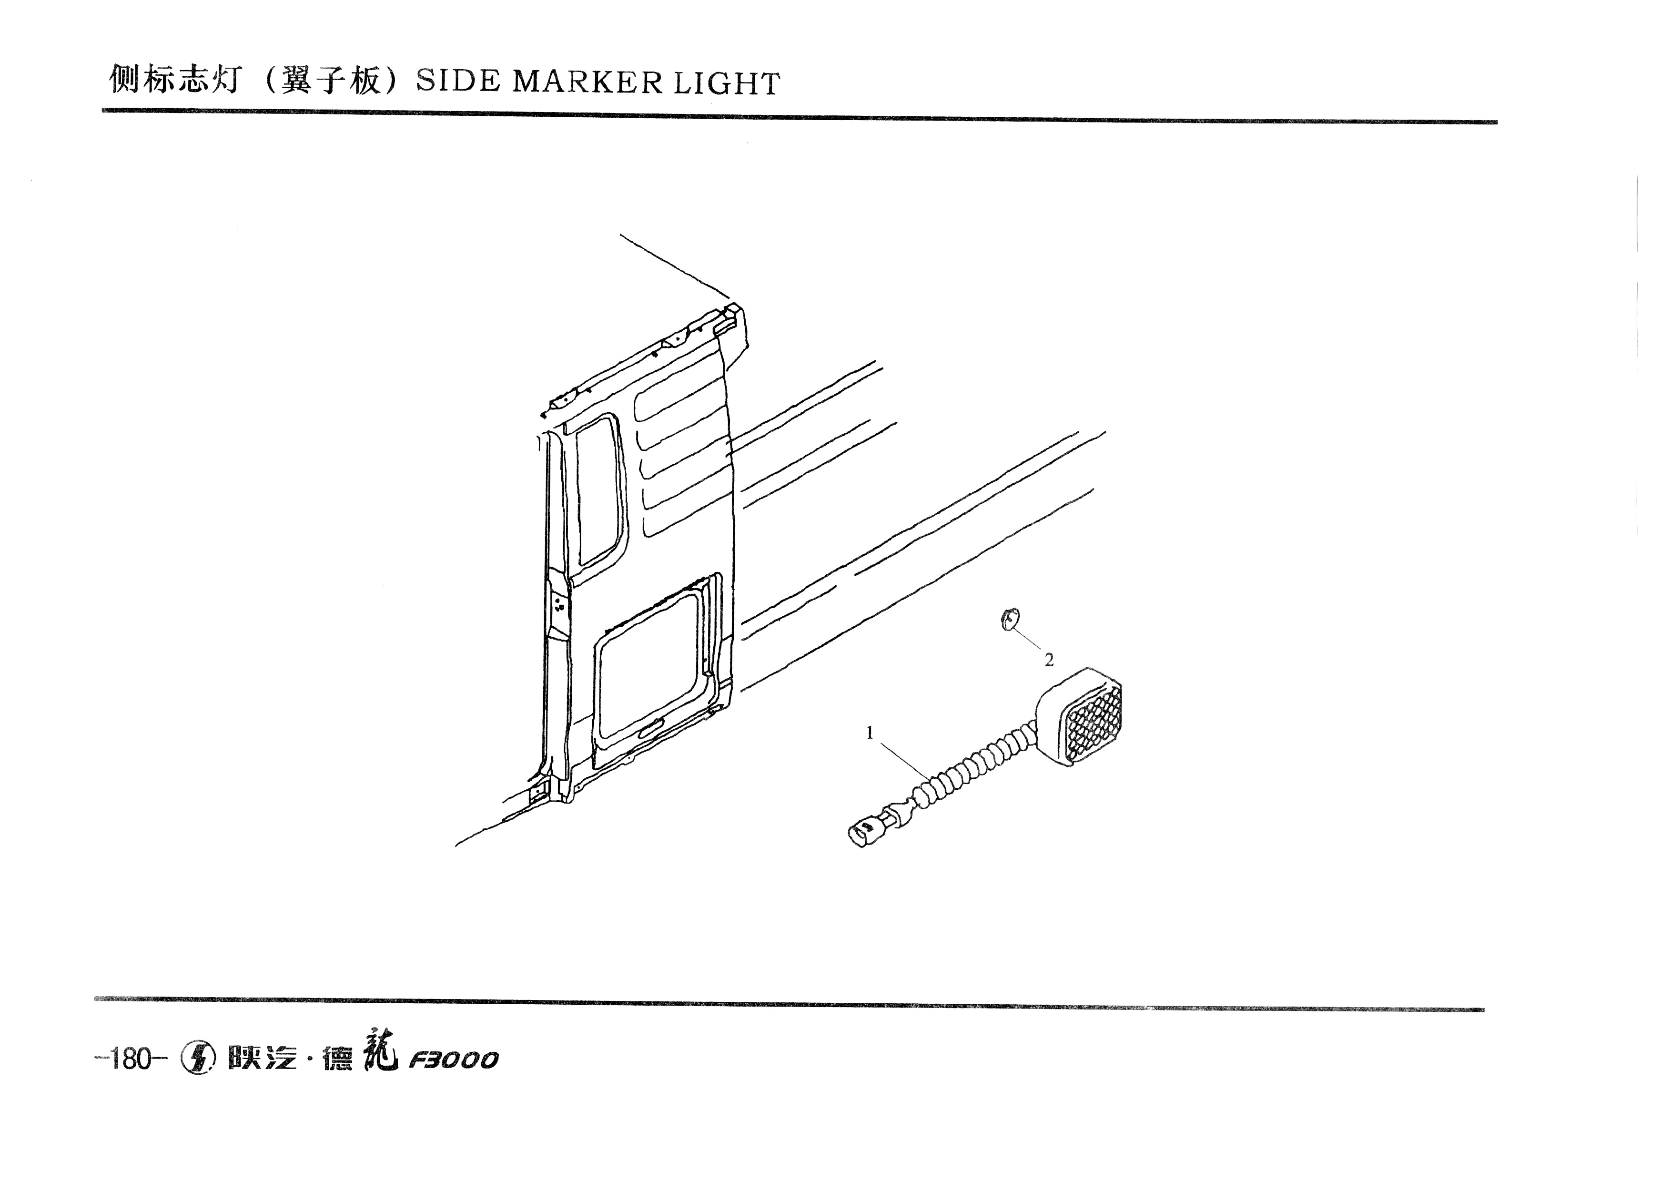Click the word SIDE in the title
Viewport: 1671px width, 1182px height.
point(458,82)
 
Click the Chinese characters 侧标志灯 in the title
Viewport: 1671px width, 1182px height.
point(175,79)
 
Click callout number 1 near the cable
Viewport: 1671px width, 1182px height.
point(869,733)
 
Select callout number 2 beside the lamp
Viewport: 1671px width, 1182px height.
point(1049,660)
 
